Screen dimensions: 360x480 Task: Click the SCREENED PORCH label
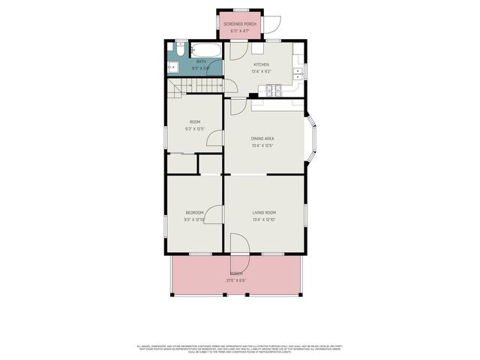pyautogui.click(x=240, y=23)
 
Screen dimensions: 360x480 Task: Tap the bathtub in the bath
pyautogui.click(x=207, y=51)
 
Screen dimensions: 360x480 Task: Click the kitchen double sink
pyautogui.click(x=298, y=73)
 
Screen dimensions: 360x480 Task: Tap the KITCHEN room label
pyautogui.click(x=261, y=64)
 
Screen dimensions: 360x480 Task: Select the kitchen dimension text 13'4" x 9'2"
pyautogui.click(x=261, y=71)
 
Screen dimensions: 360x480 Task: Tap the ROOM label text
pyautogui.click(x=194, y=121)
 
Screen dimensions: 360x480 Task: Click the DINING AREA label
pyautogui.click(x=262, y=138)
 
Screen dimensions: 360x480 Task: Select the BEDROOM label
pyautogui.click(x=194, y=213)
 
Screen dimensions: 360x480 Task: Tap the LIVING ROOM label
pyautogui.click(x=264, y=213)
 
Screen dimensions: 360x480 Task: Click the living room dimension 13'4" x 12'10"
pyautogui.click(x=264, y=220)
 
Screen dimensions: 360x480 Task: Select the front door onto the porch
pyautogui.click(x=238, y=246)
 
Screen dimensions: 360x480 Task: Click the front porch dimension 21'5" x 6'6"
pyautogui.click(x=236, y=280)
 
